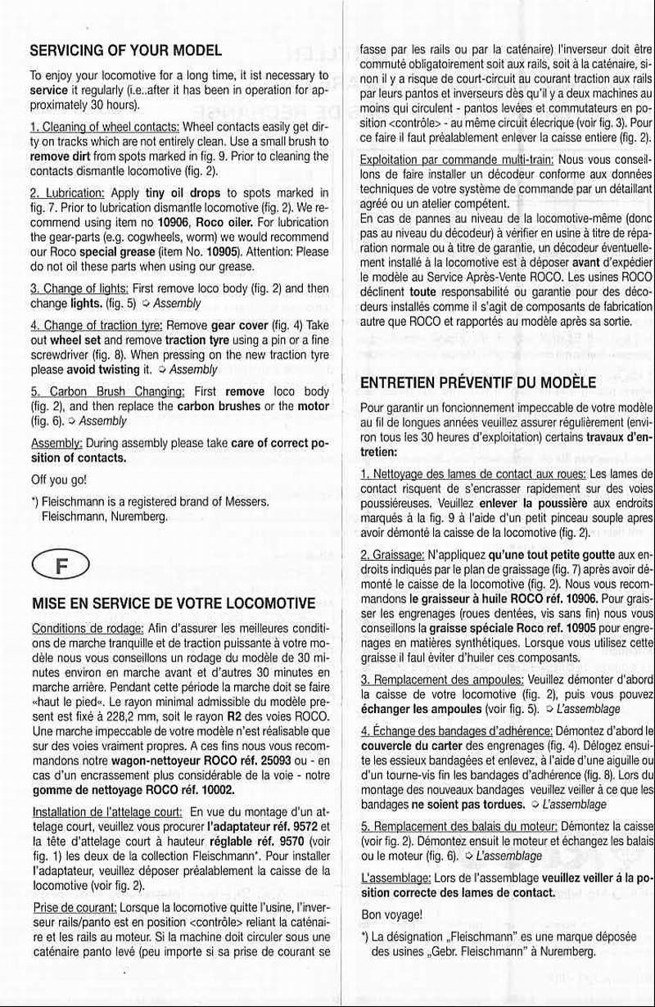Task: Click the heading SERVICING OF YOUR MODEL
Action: pyautogui.click(x=126, y=50)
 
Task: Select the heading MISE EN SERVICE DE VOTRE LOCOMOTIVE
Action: pyautogui.click(x=173, y=604)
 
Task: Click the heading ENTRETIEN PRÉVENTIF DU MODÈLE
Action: pyautogui.click(x=478, y=383)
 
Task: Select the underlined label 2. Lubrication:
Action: pyautogui.click(x=67, y=192)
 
